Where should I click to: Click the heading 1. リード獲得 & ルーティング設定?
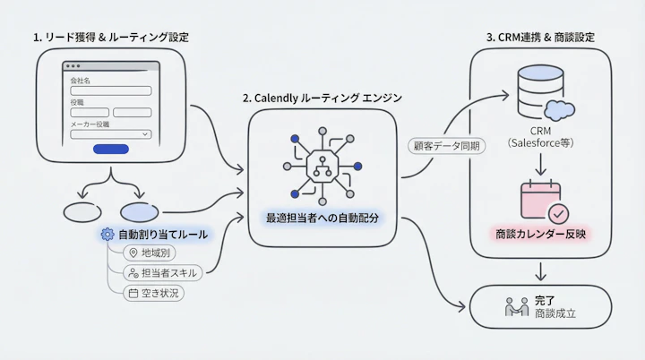coord(111,38)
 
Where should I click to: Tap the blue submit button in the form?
coord(110,150)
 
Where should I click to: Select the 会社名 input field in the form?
coord(110,90)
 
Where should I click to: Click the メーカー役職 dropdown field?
coord(110,134)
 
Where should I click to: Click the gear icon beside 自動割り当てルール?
coord(108,234)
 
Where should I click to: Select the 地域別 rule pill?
coord(150,253)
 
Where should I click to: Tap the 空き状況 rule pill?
coord(154,292)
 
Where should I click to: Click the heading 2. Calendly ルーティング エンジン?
coord(322,97)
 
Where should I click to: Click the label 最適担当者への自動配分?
coord(322,217)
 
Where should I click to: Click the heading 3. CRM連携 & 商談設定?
coord(540,38)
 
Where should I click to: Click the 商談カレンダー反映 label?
coord(541,235)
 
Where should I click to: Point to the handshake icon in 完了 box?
coord(516,307)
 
